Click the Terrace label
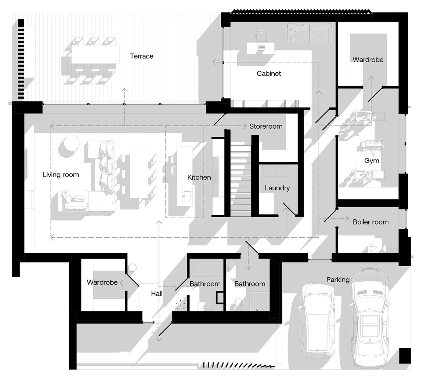[142, 56]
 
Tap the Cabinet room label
[269, 73]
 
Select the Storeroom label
[266, 126]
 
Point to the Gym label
[372, 161]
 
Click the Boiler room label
[370, 222]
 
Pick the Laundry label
[277, 188]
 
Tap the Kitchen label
[199, 177]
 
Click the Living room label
[61, 175]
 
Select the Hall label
[157, 293]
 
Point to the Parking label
[338, 280]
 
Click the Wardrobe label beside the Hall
[102, 282]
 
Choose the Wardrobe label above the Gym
[368, 59]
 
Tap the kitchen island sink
[187, 196]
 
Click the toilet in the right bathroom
[238, 303]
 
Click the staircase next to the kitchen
[241, 180]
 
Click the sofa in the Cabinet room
[309, 33]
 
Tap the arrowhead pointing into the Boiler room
[347, 219]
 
